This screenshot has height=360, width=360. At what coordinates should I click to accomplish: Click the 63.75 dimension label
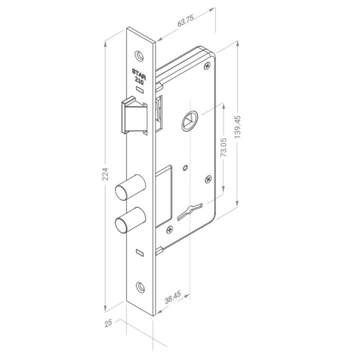[x=186, y=21]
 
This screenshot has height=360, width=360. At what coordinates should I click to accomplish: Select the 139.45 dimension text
[x=238, y=127]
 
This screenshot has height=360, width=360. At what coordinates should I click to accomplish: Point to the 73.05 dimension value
[x=223, y=147]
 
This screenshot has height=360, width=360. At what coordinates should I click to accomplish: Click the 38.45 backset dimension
[x=173, y=297]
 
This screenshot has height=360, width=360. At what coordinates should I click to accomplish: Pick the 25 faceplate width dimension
[x=108, y=323]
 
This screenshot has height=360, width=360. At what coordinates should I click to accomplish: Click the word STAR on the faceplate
[x=139, y=74]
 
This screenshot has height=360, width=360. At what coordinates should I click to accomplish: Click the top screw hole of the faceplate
[x=139, y=56]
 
